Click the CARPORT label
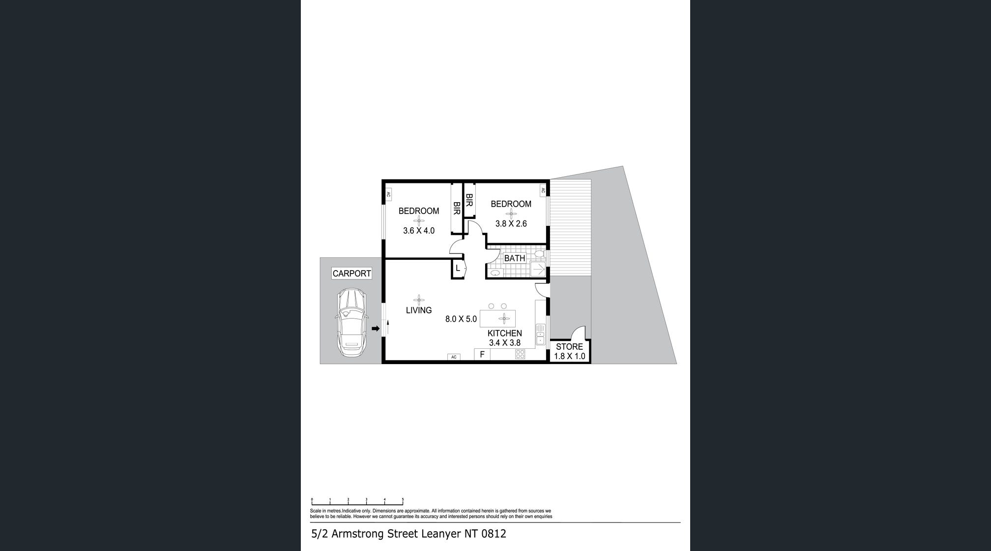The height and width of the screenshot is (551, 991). coord(351,274)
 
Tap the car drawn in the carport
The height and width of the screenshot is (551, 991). coord(351,323)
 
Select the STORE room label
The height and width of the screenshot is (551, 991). coord(569,346)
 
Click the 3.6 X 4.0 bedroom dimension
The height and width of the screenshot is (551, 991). coord(419,230)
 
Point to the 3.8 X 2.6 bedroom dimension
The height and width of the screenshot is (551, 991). coord(511,223)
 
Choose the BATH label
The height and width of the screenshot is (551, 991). coord(515,258)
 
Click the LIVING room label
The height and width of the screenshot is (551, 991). coord(419,310)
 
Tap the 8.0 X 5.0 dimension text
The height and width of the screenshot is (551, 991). coord(461,319)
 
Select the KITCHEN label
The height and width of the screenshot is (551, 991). coord(505,333)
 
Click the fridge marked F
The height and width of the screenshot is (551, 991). coord(482,354)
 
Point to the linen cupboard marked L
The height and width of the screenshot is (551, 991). coord(458,269)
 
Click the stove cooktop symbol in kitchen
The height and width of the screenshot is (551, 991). coord(520,354)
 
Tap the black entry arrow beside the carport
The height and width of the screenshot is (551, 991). coord(376,329)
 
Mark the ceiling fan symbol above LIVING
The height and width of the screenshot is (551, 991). coord(419,300)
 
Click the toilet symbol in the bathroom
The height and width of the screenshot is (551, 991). coord(540,255)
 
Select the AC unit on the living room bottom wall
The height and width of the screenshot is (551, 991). coord(454,357)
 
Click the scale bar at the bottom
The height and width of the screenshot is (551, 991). coord(357,502)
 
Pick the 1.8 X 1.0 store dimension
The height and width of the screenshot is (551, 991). coord(570,356)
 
